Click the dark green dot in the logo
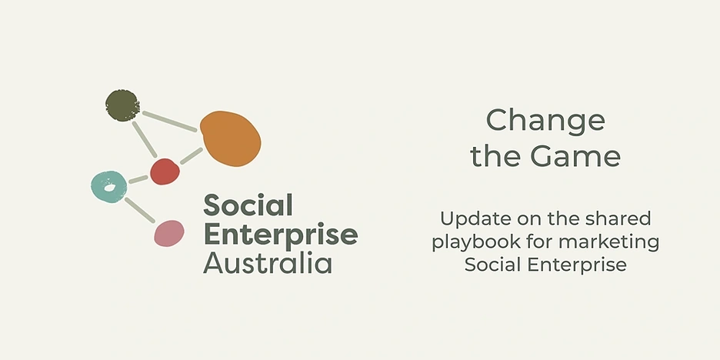122,105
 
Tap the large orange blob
231,138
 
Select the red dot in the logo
165,172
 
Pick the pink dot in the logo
169,233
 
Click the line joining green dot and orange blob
170,122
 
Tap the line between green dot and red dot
145,139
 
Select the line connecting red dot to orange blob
191,155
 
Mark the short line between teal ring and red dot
138,179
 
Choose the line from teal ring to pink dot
139,210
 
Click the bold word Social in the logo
248,205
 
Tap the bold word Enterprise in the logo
281,235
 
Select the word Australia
267,263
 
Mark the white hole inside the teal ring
109,188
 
